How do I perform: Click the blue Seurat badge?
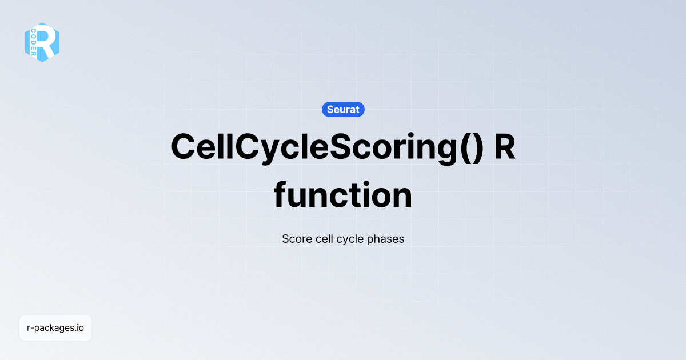click(343, 109)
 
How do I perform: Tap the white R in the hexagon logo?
click(47, 42)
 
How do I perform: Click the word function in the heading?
click(343, 195)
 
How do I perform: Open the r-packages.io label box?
click(55, 328)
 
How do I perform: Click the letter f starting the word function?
click(281, 194)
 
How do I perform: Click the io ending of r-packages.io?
click(81, 328)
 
